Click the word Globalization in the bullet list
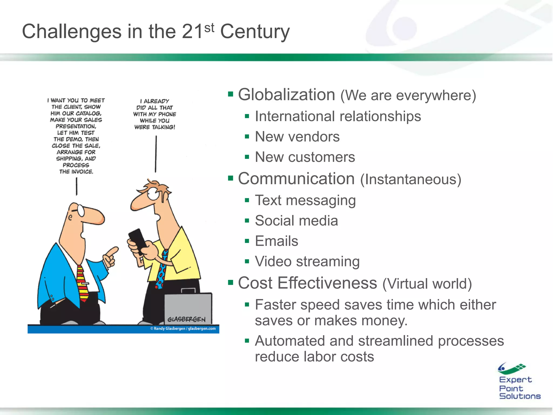pos(286,95)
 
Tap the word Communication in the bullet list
pos(296,179)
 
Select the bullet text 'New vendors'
pos(297,137)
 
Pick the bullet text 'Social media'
pos(296,221)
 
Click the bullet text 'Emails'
pos(276,241)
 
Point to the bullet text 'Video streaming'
pos(307,262)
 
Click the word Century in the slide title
pos(255,32)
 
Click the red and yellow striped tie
pos(82,284)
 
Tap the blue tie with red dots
pos(161,270)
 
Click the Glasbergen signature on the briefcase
pos(186,319)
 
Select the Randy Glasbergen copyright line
pos(183,329)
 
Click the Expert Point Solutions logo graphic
pos(511,368)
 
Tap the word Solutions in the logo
pos(520,396)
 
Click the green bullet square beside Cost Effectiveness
pos(230,283)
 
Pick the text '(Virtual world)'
pos(427,284)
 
